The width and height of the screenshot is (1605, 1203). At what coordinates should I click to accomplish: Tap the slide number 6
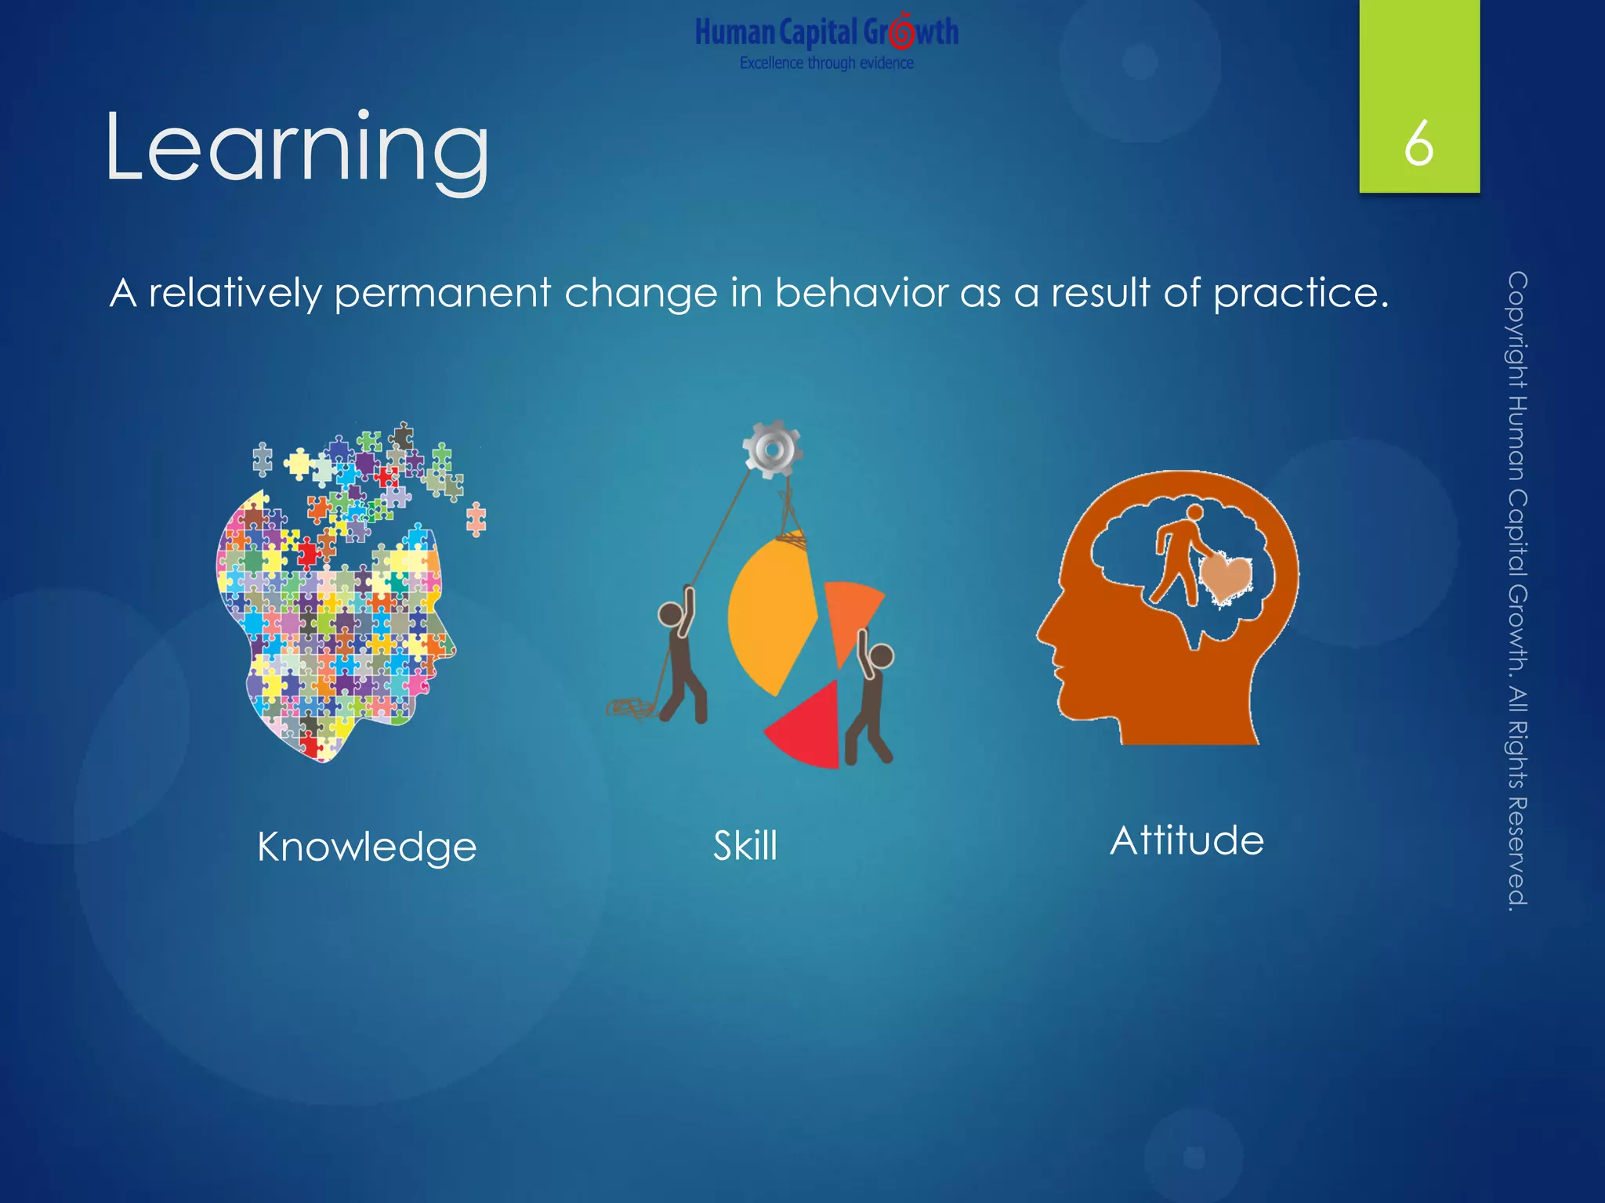(1418, 144)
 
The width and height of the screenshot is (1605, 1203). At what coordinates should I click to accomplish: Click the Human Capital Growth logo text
(827, 33)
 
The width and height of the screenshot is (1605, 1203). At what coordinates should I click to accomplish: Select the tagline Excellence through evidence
(827, 63)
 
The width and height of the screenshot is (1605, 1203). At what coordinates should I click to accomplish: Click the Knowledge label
(367, 847)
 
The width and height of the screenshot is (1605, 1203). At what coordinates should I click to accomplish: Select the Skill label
(745, 846)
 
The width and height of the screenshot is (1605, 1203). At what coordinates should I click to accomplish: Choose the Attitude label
(1187, 841)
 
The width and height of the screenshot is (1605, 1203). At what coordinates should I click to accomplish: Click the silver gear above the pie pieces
(772, 450)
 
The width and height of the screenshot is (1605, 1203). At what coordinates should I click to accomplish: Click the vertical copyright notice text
(1517, 591)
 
